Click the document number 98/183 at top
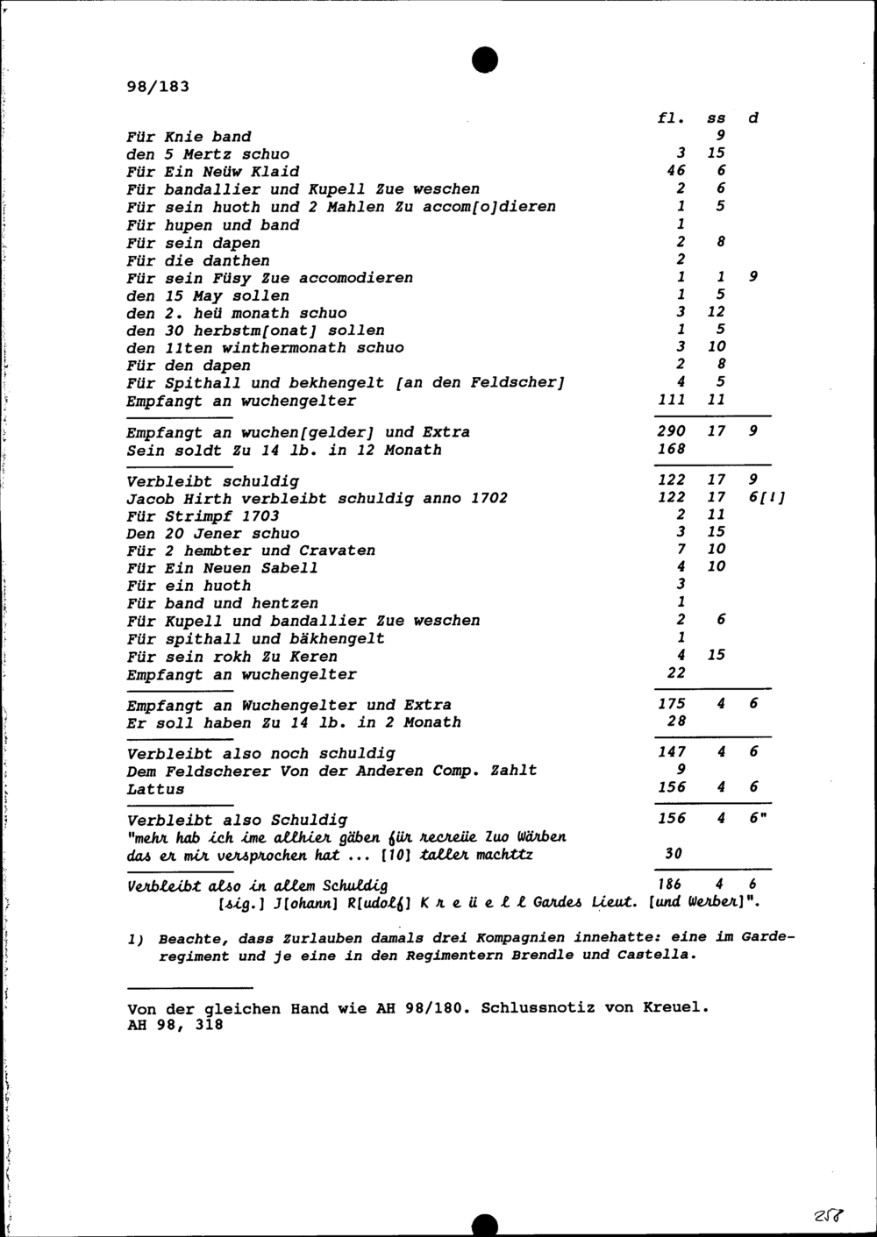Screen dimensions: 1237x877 point(158,87)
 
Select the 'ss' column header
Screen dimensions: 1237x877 point(717,118)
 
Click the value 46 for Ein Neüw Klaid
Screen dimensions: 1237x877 point(675,171)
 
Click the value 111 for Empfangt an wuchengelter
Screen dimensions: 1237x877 point(671,400)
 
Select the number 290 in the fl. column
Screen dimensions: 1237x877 point(671,431)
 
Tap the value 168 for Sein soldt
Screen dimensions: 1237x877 point(671,449)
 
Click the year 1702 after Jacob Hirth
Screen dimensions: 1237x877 point(488,498)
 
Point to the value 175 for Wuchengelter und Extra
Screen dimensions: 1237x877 point(672,704)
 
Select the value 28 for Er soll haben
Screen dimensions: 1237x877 point(675,722)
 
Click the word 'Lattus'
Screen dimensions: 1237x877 point(155,789)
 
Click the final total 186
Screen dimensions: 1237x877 point(671,885)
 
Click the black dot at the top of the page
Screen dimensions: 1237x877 point(485,59)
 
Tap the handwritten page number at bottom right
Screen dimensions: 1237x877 point(829,1215)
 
